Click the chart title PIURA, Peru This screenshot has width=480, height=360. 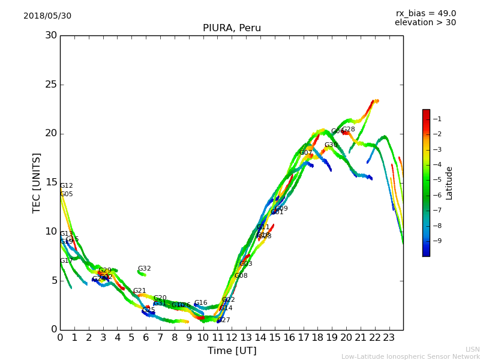click(x=232, y=28)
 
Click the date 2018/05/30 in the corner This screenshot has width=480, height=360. click(x=47, y=16)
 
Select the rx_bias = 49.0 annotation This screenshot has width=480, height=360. click(x=425, y=13)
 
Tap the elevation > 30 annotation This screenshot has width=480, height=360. click(x=425, y=23)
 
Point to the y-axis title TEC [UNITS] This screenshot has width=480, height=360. click(x=37, y=182)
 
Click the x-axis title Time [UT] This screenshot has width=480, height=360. click(x=232, y=351)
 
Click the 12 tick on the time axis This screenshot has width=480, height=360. click(x=232, y=337)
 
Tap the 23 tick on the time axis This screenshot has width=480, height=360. click(x=389, y=337)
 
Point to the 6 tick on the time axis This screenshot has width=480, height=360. click(x=146, y=337)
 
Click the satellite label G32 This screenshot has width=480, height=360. click(x=144, y=269)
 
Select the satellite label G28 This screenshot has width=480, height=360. click(x=349, y=130)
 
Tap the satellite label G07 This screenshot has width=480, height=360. click(x=306, y=153)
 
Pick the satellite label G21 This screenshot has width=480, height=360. click(x=139, y=291)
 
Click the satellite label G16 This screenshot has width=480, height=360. click(x=200, y=303)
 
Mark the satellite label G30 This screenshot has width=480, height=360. click(x=331, y=145)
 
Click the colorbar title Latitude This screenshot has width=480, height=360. click(x=449, y=183)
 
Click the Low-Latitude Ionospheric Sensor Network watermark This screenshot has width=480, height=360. click(x=410, y=357)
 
